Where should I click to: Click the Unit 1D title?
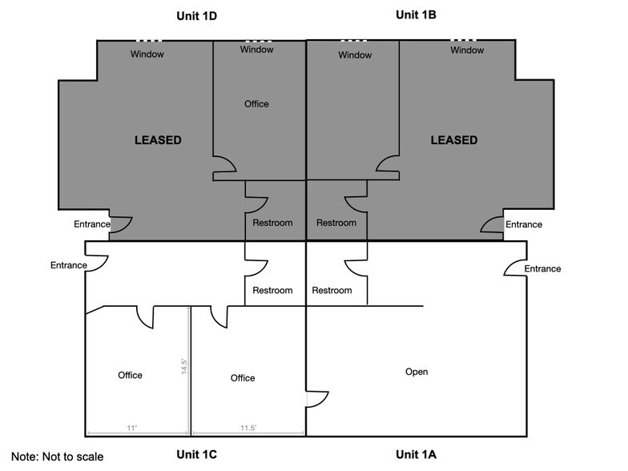(x=197, y=16)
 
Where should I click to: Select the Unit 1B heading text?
(x=416, y=14)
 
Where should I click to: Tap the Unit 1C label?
(x=197, y=455)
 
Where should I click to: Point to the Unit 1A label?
(x=416, y=455)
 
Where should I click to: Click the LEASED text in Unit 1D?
(x=158, y=140)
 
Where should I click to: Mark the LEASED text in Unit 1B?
(x=453, y=140)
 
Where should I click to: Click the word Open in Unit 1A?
(x=417, y=372)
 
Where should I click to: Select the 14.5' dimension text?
(x=184, y=367)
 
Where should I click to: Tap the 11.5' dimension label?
(x=248, y=429)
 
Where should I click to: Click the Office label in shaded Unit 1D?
(x=256, y=104)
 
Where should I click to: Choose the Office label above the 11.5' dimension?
(x=243, y=378)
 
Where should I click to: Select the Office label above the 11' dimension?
(x=130, y=375)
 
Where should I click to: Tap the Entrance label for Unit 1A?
(x=542, y=269)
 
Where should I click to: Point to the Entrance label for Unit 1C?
(x=68, y=265)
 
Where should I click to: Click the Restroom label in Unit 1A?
(x=332, y=291)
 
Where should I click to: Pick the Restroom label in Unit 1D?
(x=272, y=223)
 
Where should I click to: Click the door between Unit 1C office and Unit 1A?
(x=316, y=399)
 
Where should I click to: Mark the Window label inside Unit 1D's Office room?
(x=256, y=50)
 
